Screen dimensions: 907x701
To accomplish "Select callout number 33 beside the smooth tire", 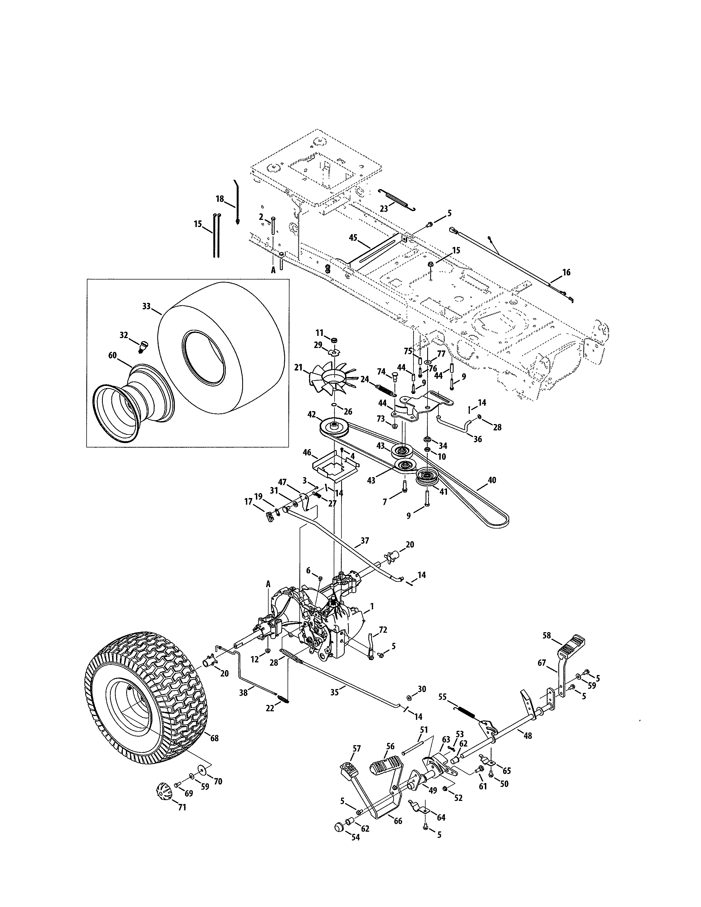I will click(146, 306).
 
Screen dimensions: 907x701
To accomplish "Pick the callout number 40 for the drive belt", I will click(492, 480).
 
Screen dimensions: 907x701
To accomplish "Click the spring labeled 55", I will click(467, 711).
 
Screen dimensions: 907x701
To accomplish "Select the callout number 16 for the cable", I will click(567, 272).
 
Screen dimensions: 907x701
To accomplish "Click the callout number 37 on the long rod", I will click(365, 541).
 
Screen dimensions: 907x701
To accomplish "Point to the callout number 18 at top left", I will click(220, 199).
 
